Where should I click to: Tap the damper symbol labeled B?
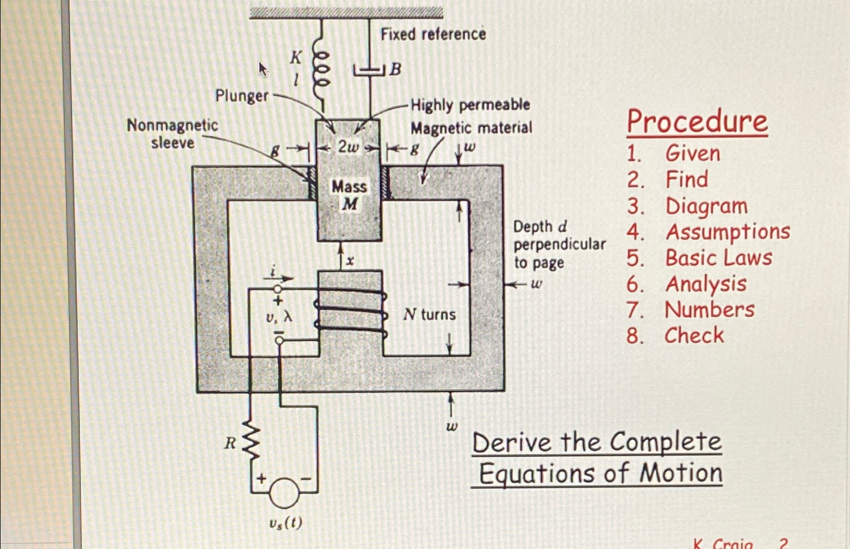[x=370, y=70]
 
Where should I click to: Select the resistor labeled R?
[x=251, y=442]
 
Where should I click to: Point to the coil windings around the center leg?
[x=351, y=310]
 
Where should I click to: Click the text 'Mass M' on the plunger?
[x=349, y=195]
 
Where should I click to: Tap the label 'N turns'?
[x=429, y=314]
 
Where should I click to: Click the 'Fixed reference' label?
[x=433, y=34]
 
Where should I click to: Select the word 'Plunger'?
[x=241, y=96]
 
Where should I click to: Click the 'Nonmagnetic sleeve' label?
[x=172, y=134]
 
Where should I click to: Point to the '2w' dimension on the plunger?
[x=348, y=147]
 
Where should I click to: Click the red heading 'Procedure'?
[x=697, y=121]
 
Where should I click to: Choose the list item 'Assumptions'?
[x=728, y=232]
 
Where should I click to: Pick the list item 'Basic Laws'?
[x=718, y=258]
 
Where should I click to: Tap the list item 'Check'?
[x=694, y=336]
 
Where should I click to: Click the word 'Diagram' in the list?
[x=706, y=206]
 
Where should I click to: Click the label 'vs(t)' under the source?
[x=286, y=523]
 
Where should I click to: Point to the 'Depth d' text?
[x=539, y=226]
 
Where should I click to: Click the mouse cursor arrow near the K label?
[x=263, y=69]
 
